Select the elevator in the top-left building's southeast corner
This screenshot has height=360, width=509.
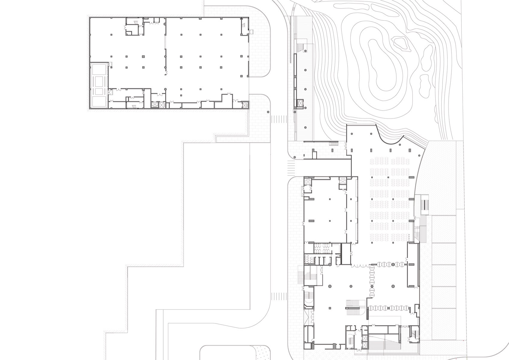(x=244, y=105)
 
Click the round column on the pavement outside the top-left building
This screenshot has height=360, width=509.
(x=268, y=112)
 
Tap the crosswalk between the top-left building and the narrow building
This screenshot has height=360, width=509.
(x=278, y=119)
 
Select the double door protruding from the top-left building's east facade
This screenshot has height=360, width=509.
(x=252, y=31)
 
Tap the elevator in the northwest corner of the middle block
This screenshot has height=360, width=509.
(x=308, y=181)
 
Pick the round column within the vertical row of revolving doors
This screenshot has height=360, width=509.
(x=372, y=287)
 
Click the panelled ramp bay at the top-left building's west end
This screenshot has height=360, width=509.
(x=99, y=85)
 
